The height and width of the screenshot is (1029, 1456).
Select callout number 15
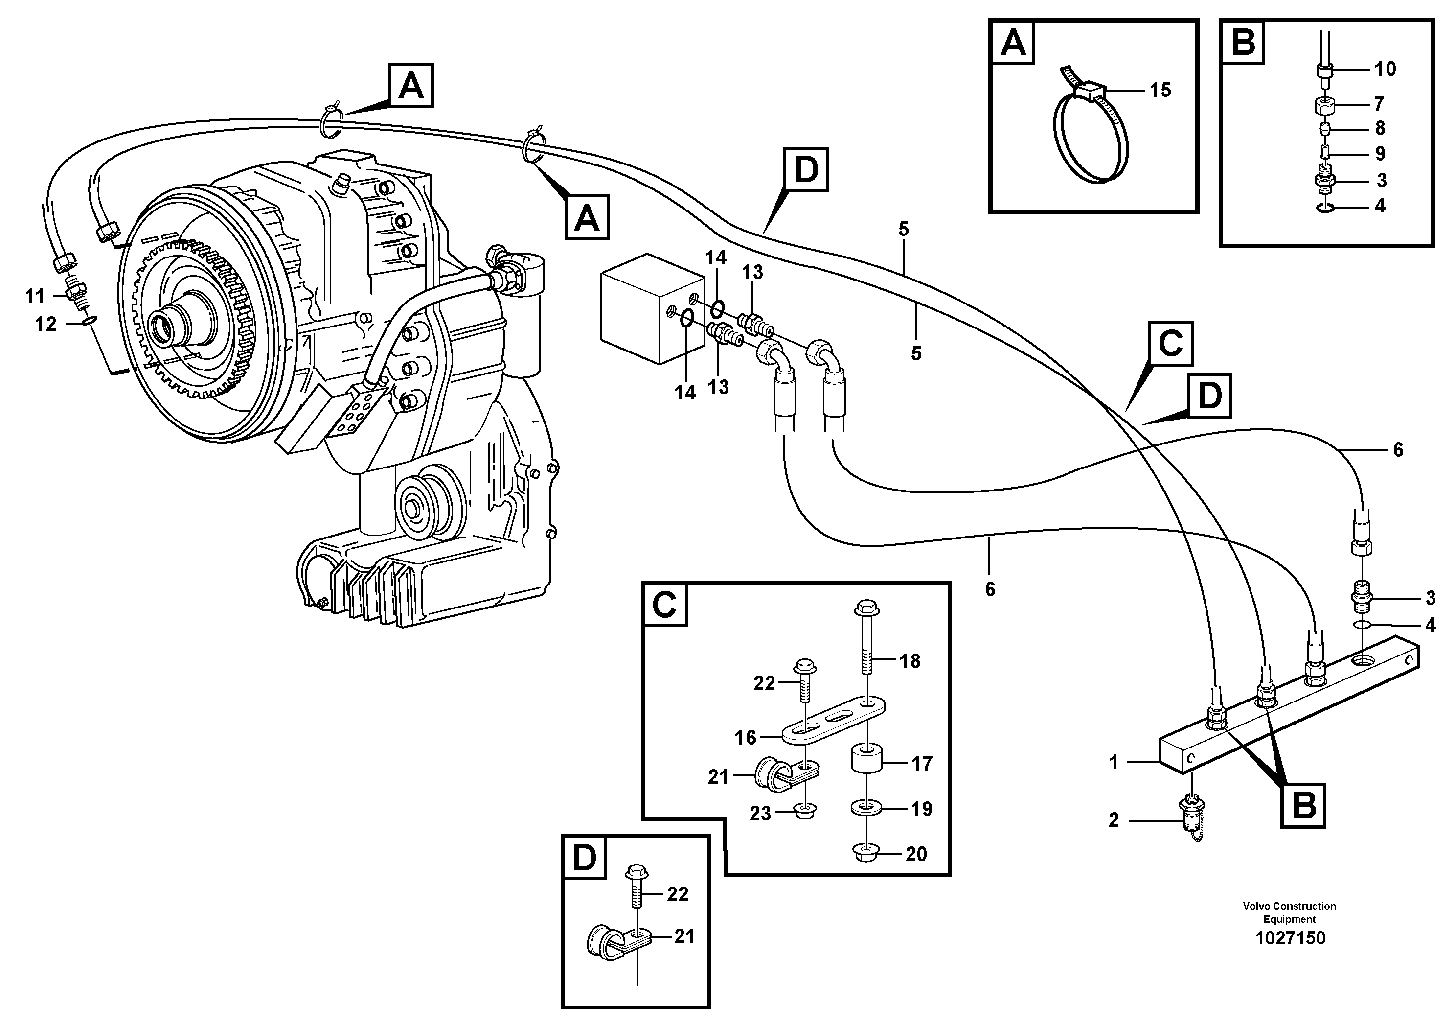pos(1160,90)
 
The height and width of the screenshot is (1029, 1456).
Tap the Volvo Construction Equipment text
pos(1289,912)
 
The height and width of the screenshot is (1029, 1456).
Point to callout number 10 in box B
pos(1385,69)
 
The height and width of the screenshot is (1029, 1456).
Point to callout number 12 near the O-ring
pos(45,324)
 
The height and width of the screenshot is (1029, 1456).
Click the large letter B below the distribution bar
pos(1303,806)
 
